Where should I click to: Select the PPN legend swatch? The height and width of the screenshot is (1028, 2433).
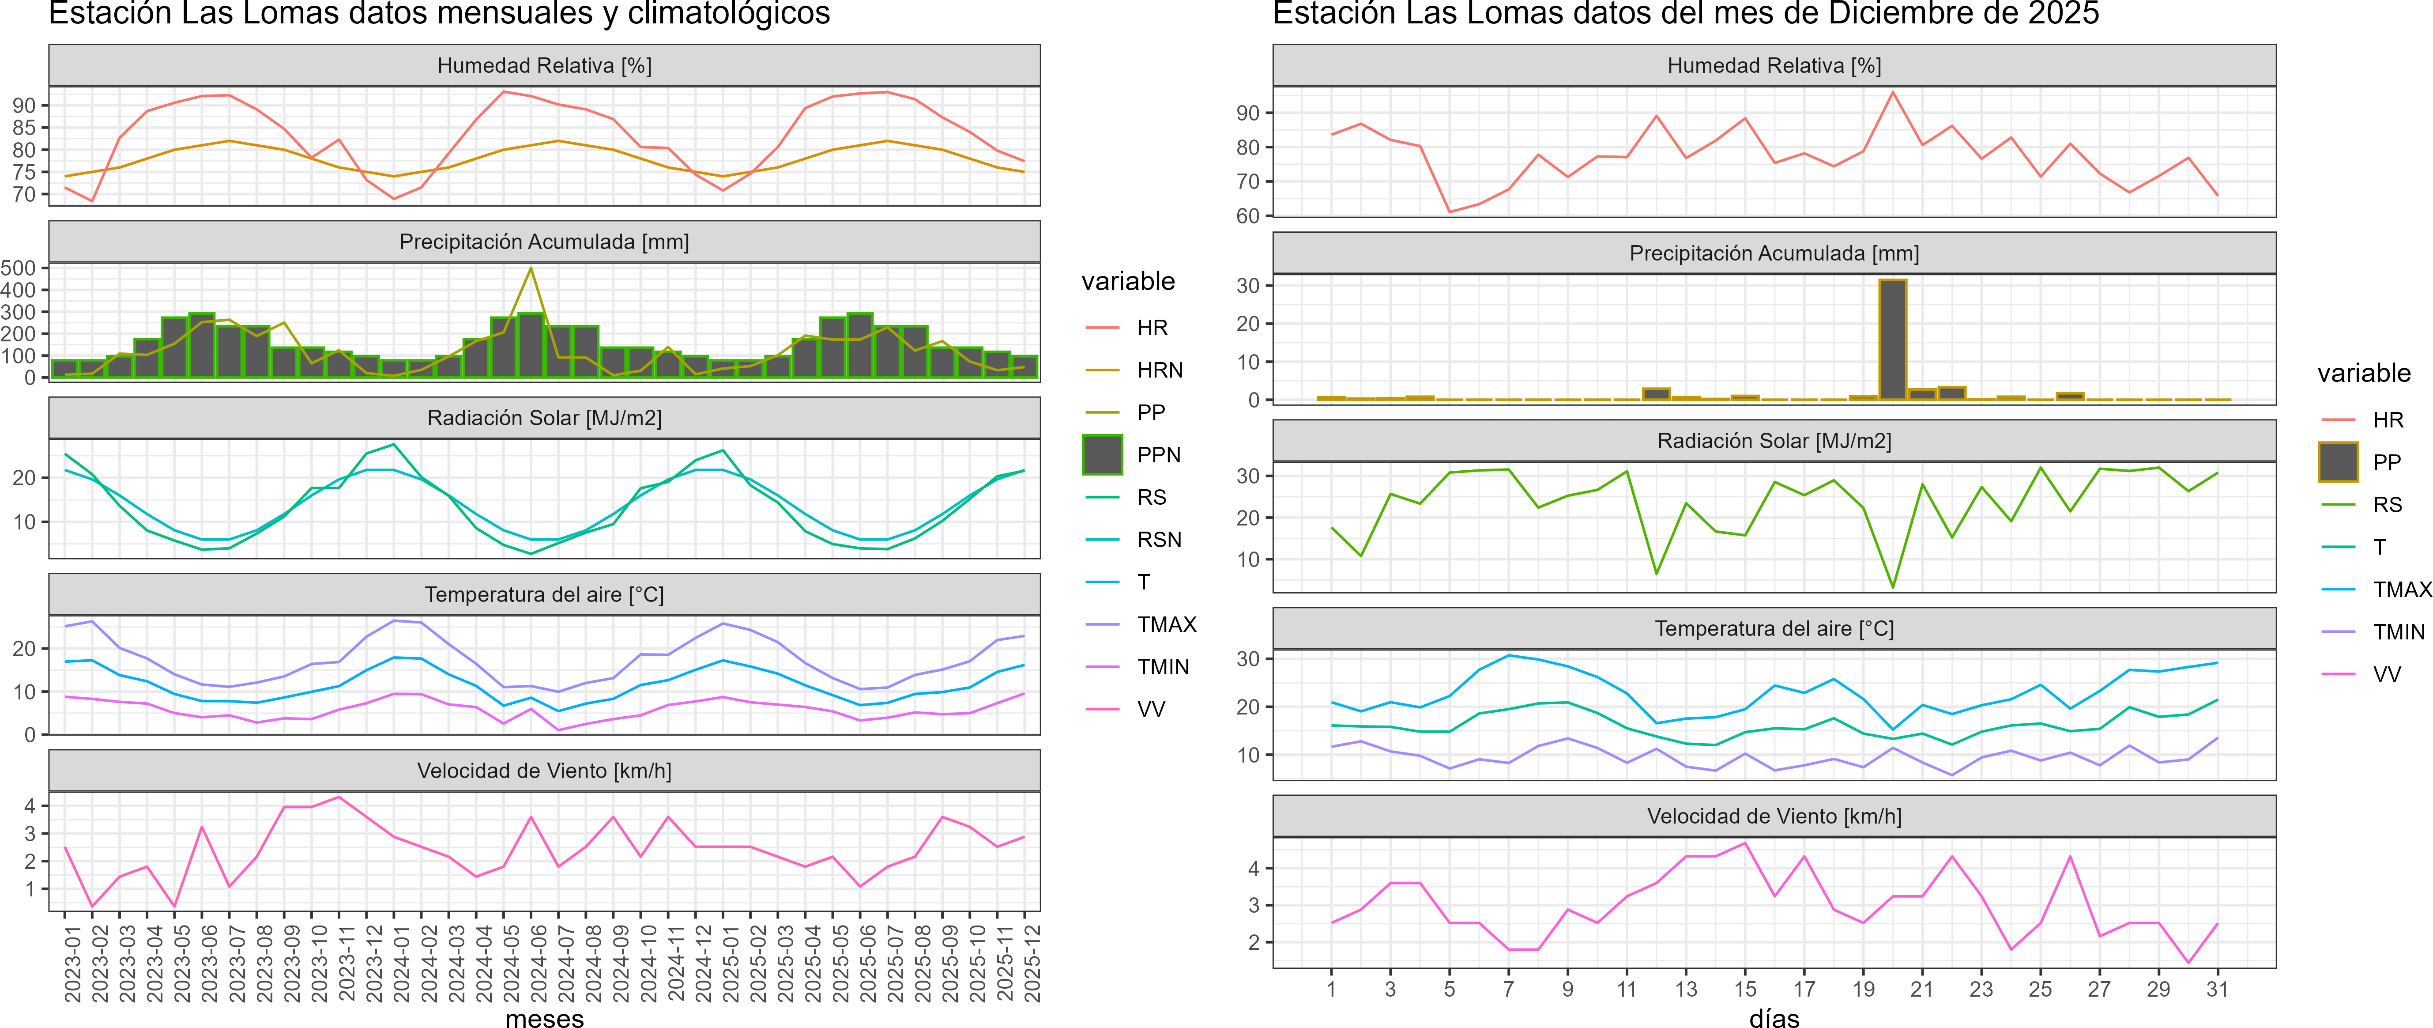(1102, 454)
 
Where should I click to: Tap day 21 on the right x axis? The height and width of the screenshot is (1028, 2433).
(1922, 989)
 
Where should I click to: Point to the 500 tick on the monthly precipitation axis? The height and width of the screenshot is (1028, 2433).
(19, 268)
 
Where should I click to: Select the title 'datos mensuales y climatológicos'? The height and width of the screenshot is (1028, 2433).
(439, 14)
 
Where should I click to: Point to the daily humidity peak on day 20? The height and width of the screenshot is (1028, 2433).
(1893, 93)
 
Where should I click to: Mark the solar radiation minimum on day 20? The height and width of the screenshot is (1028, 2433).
(1893, 587)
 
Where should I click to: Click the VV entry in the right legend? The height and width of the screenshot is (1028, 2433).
(2387, 675)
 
